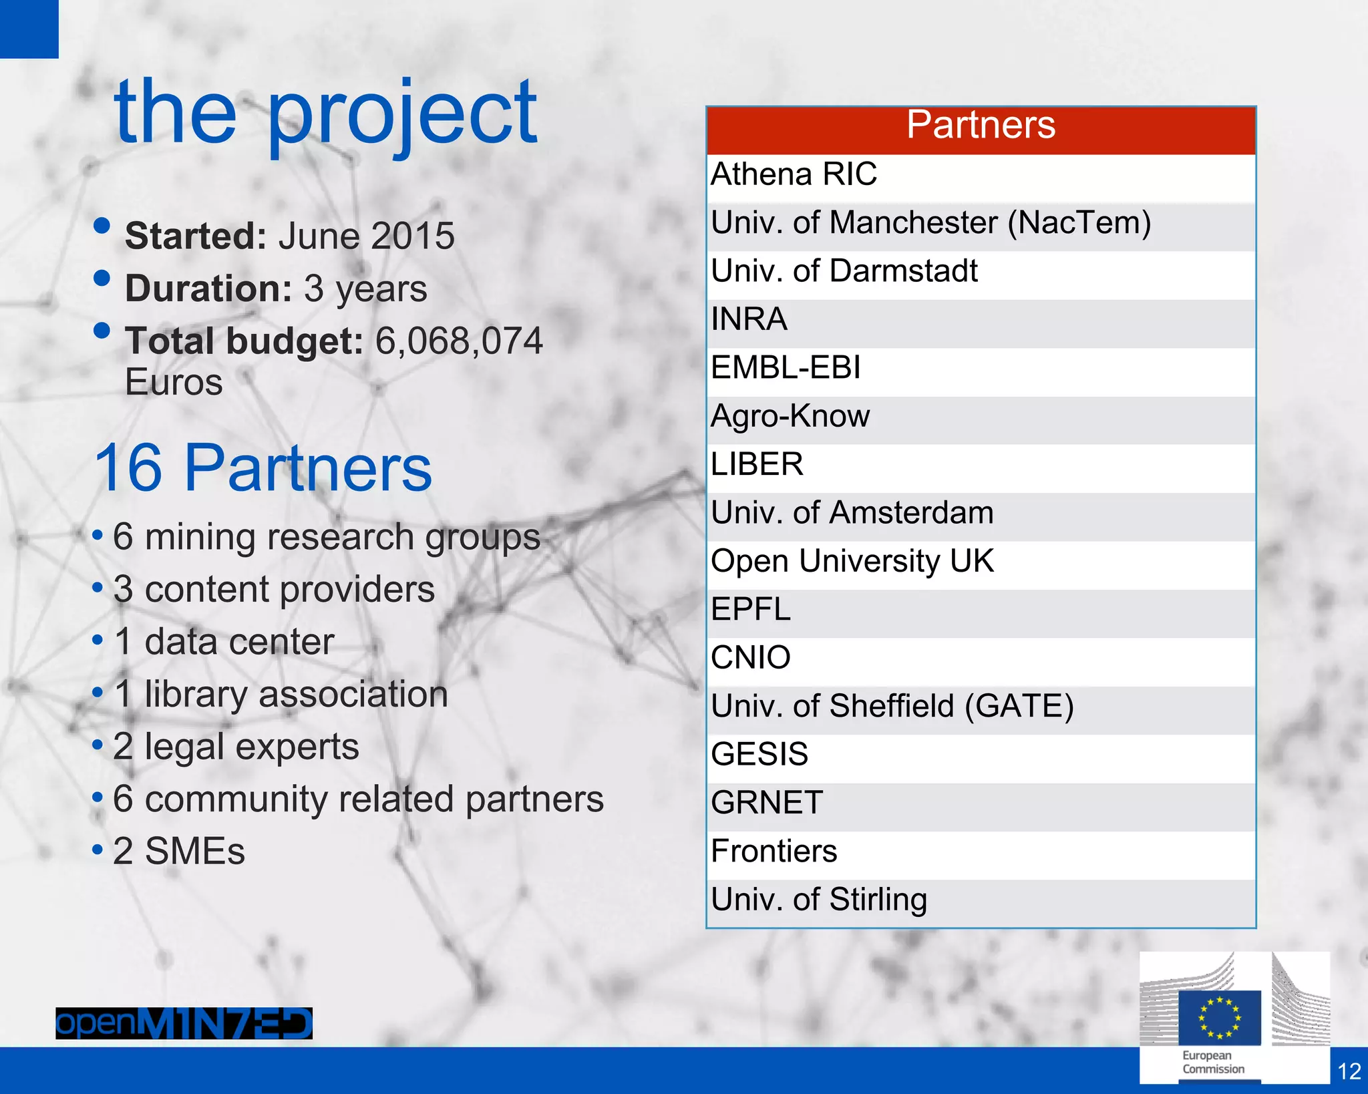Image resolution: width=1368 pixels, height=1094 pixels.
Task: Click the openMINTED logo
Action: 184,1023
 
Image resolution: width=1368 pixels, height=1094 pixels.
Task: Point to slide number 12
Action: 1349,1072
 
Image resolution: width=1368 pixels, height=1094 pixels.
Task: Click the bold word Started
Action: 196,236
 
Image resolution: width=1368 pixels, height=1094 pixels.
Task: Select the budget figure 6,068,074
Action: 459,341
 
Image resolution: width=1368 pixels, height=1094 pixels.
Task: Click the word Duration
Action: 208,289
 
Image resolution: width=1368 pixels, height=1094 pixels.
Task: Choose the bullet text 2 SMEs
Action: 178,852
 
